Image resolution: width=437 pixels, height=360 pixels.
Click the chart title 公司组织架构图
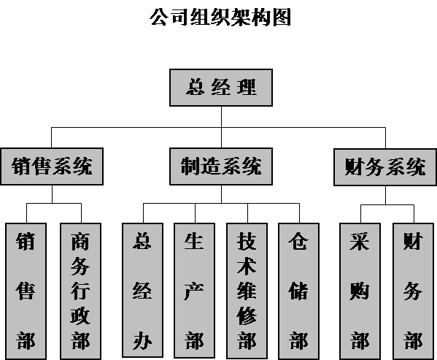pyautogui.click(x=220, y=18)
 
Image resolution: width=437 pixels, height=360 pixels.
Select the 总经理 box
pyautogui.click(x=221, y=88)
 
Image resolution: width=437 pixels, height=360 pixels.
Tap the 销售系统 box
pyautogui.click(x=52, y=166)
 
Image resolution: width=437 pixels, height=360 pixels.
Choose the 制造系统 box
pyautogui.click(x=221, y=166)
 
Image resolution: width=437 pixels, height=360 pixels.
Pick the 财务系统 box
pyautogui.click(x=385, y=167)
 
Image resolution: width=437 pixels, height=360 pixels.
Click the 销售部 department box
pyautogui.click(x=26, y=291)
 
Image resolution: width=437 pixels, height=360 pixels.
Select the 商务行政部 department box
pyautogui.click(x=81, y=291)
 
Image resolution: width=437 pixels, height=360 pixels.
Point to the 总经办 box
pyautogui.click(x=143, y=290)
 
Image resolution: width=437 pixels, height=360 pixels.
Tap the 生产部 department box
pyautogui.click(x=195, y=291)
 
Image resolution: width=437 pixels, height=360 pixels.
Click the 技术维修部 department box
pyautogui.click(x=247, y=291)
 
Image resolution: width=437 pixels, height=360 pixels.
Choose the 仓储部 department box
pyautogui.click(x=299, y=291)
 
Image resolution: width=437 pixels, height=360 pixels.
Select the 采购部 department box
pyautogui.click(x=360, y=291)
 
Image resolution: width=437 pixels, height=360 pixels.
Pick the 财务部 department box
pyautogui.click(x=414, y=291)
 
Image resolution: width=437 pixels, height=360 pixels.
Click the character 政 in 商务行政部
pyautogui.click(x=80, y=316)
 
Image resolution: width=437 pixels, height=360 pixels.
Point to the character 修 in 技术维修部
pyautogui.click(x=247, y=316)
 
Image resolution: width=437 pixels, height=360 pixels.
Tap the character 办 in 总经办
pyautogui.click(x=142, y=340)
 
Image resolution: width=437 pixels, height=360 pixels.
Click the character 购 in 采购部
pyautogui.click(x=360, y=291)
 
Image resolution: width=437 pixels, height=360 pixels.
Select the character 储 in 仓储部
pyautogui.click(x=298, y=291)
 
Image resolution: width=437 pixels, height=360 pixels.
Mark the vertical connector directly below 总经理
pyautogui.click(x=221, y=127)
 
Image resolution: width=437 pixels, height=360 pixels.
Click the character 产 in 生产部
pyautogui.click(x=194, y=291)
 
